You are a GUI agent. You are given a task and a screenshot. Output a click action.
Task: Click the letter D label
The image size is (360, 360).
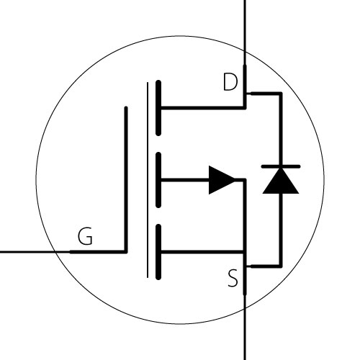click(x=230, y=82)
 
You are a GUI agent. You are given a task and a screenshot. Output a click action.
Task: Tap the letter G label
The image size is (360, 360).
click(x=86, y=236)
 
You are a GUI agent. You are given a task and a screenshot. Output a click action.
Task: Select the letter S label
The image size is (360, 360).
click(x=233, y=278)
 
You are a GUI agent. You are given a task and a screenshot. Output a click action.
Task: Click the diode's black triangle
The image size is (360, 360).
click(x=281, y=181)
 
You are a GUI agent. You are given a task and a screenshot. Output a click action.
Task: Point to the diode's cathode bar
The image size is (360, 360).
click(x=281, y=166)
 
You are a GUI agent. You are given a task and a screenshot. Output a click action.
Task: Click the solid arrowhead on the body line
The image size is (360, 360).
click(x=222, y=180)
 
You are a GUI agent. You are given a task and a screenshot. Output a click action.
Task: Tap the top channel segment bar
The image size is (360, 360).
click(x=158, y=108)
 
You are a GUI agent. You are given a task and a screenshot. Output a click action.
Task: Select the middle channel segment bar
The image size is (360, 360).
click(x=158, y=180)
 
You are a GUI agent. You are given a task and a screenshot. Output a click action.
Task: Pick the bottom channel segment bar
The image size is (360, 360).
click(x=158, y=252)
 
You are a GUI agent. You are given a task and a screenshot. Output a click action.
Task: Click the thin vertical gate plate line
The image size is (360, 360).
click(x=148, y=180)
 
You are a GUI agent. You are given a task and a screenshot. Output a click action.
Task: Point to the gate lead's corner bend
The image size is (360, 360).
click(x=126, y=251)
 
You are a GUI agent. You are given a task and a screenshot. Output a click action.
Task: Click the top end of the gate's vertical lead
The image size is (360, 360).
click(x=126, y=108)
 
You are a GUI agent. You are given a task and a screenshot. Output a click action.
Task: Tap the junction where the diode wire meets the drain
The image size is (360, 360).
click(x=246, y=93)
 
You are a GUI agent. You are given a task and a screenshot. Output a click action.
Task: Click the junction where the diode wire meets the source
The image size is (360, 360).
click(x=246, y=266)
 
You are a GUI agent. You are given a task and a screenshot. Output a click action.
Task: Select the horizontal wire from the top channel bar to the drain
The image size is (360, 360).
click(x=203, y=108)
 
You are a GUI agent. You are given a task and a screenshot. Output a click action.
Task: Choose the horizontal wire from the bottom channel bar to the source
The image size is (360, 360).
click(x=202, y=252)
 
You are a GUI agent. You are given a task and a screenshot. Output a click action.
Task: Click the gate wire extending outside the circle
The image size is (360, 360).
click(x=27, y=252)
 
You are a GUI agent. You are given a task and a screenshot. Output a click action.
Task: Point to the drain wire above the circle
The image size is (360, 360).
click(x=245, y=25)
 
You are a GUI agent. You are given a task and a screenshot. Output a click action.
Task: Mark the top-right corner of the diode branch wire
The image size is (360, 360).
click(x=281, y=94)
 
